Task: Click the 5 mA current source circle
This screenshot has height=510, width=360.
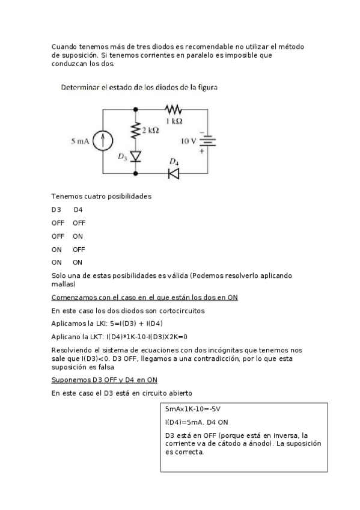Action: click(x=103, y=142)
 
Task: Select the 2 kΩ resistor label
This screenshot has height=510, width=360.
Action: click(x=150, y=130)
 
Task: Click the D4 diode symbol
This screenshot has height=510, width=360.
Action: click(x=174, y=173)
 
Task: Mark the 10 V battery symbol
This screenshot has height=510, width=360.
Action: click(x=207, y=142)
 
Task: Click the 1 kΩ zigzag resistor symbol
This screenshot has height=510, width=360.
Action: click(x=174, y=109)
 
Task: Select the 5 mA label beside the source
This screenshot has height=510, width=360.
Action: click(x=81, y=143)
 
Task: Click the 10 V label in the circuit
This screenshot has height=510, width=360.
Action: click(x=189, y=142)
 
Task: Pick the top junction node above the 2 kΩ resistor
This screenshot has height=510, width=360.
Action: click(x=135, y=109)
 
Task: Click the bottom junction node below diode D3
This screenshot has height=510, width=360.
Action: click(x=135, y=173)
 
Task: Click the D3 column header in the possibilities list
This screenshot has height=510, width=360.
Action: click(x=56, y=210)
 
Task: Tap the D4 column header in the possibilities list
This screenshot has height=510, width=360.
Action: click(x=78, y=210)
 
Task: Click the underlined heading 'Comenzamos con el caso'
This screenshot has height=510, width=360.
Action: click(x=145, y=297)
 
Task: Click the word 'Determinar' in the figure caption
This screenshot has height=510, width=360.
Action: click(x=80, y=87)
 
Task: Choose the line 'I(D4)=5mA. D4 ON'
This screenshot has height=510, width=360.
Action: click(x=194, y=422)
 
